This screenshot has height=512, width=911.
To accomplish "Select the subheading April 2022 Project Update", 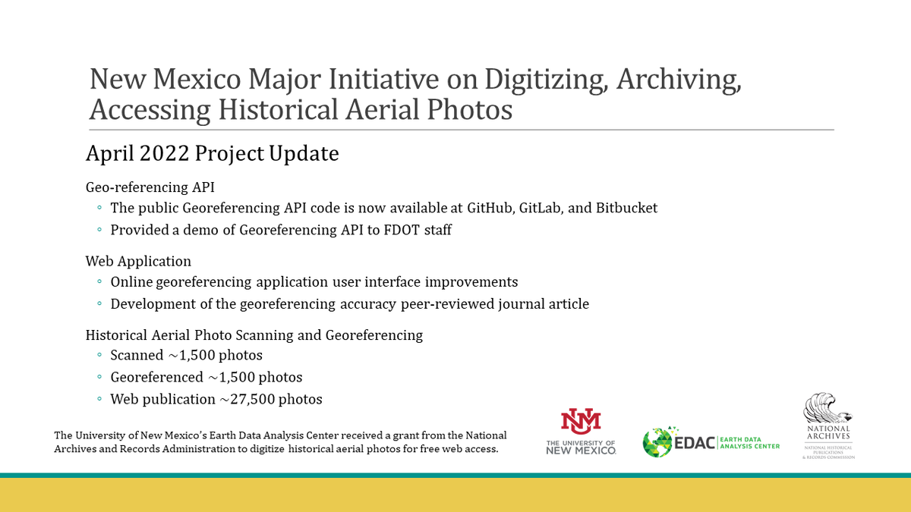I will (212, 153).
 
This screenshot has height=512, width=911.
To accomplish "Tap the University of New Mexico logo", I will (581, 432).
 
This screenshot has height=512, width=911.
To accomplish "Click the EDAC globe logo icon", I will (657, 442).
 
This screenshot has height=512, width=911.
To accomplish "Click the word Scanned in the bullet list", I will (137, 355).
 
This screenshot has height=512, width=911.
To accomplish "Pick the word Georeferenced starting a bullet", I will (156, 377).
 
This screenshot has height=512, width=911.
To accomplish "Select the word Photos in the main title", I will (471, 109).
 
